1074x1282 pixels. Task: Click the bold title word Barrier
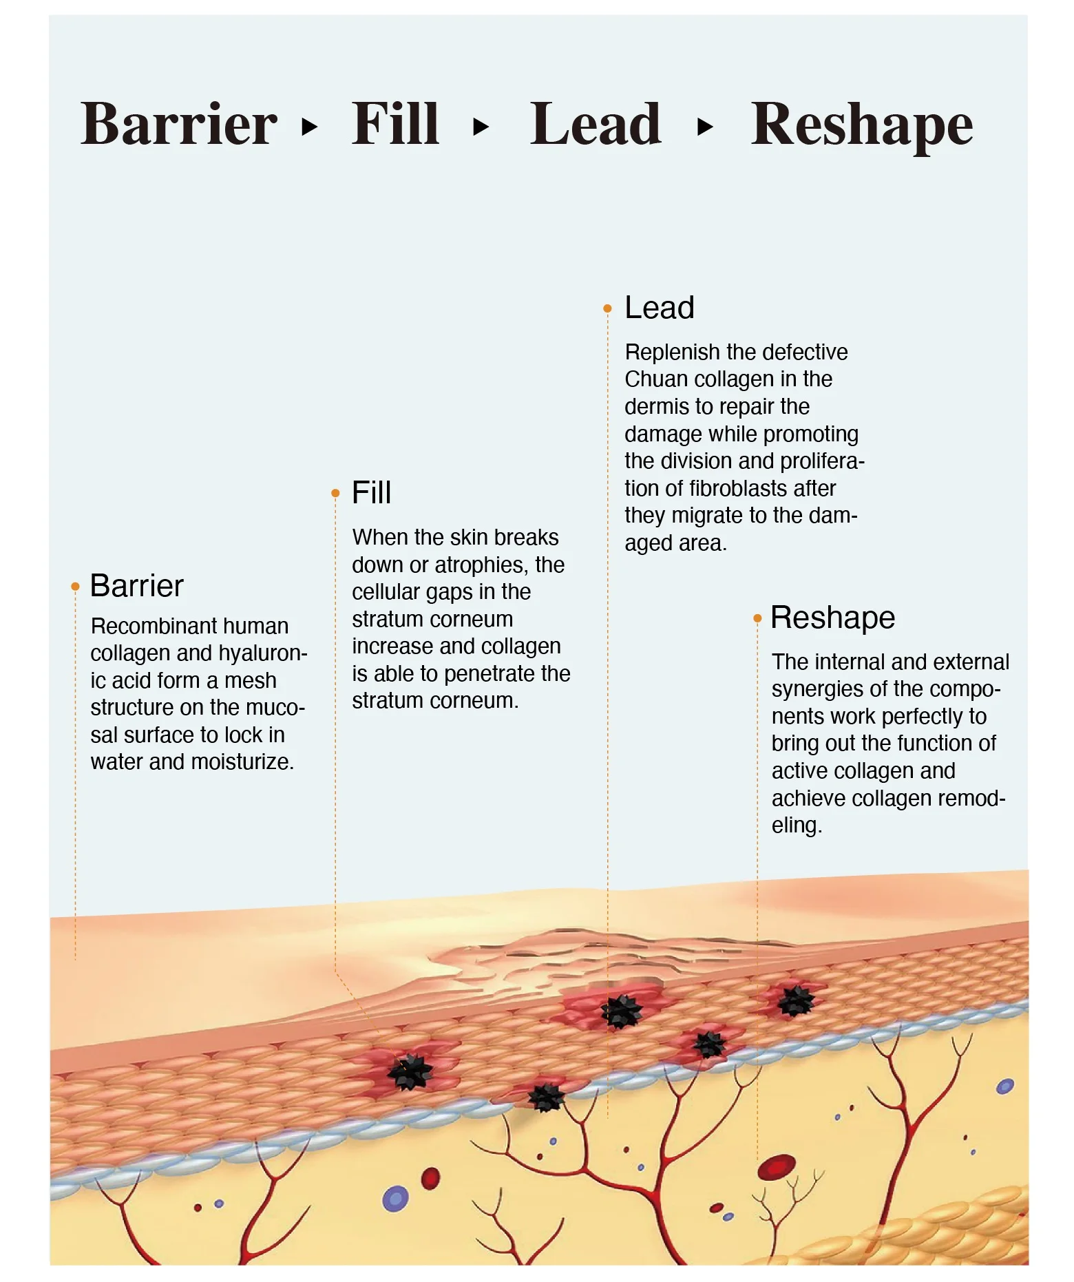pyautogui.click(x=179, y=124)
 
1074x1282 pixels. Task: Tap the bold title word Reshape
pyautogui.click(x=861, y=125)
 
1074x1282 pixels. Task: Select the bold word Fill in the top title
pyautogui.click(x=395, y=124)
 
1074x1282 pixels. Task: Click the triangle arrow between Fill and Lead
pyautogui.click(x=481, y=127)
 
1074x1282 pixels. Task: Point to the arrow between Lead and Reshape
pyautogui.click(x=705, y=127)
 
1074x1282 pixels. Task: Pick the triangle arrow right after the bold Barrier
pyautogui.click(x=310, y=127)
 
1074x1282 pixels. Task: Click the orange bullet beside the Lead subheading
pyautogui.click(x=607, y=308)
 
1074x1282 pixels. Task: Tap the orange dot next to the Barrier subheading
pyautogui.click(x=75, y=587)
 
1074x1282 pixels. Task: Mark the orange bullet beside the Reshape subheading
pyautogui.click(x=757, y=618)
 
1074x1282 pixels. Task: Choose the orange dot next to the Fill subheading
pyautogui.click(x=335, y=493)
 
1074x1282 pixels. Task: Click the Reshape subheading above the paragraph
pyautogui.click(x=832, y=618)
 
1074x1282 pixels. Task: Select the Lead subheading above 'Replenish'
pyautogui.click(x=659, y=308)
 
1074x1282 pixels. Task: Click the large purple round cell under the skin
pyautogui.click(x=395, y=1199)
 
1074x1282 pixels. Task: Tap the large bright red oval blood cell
pyautogui.click(x=777, y=1167)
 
